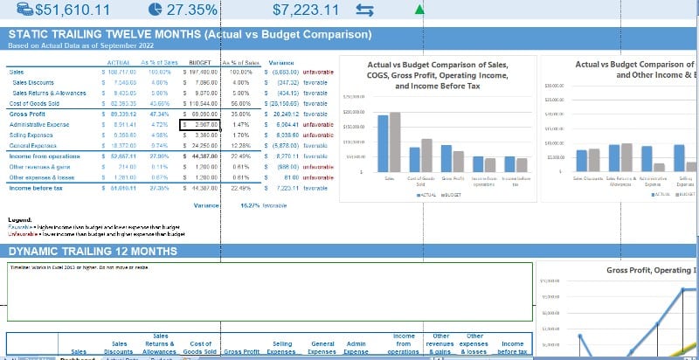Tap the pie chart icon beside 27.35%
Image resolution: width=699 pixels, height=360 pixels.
155,10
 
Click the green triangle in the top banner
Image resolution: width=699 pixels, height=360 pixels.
420,10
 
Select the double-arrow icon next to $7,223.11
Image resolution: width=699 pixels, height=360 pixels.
364,10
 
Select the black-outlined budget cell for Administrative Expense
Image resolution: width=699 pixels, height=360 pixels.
197,125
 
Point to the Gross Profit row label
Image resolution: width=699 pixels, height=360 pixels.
25,114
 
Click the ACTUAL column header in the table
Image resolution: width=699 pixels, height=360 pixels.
118,63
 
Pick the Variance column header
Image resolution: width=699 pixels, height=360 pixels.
280,63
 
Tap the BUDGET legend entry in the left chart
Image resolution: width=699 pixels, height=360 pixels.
453,195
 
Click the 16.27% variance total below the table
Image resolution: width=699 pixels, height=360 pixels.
251,205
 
